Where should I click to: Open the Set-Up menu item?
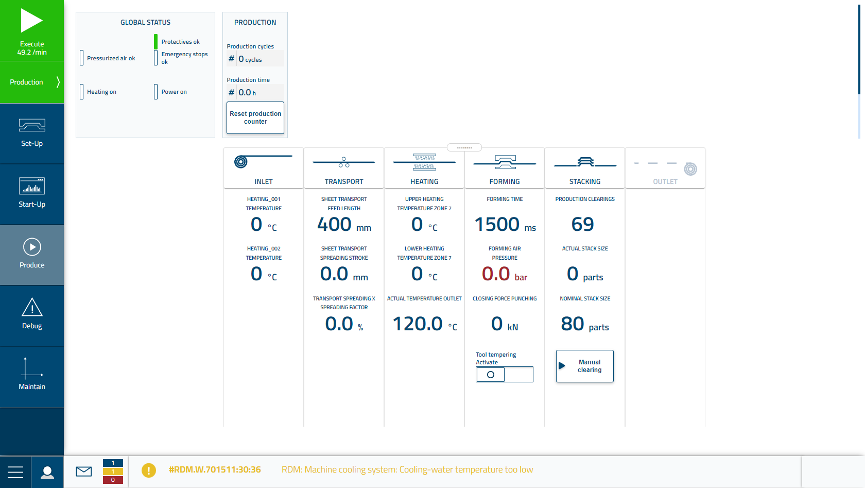(x=32, y=133)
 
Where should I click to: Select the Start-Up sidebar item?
(x=32, y=194)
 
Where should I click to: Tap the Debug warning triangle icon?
(x=32, y=308)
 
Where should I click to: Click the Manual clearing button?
(x=585, y=366)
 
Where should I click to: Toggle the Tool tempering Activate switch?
(x=504, y=375)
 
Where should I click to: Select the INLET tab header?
(x=264, y=169)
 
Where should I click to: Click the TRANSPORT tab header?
(x=344, y=169)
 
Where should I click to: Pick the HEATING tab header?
(x=424, y=169)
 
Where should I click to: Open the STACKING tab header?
(x=585, y=169)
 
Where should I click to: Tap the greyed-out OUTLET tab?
(x=665, y=169)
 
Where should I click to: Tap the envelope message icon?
(x=84, y=471)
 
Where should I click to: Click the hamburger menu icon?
(x=15, y=472)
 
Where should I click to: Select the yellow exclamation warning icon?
(x=149, y=470)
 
